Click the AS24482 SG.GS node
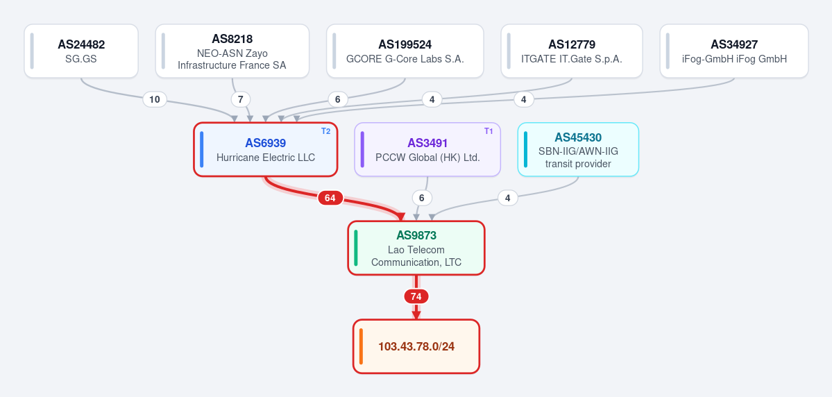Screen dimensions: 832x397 (81, 51)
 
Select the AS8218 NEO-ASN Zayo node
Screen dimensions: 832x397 (232, 51)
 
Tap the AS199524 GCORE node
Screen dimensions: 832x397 (405, 51)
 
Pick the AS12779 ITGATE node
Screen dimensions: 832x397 (572, 51)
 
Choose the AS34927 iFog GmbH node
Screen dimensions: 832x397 (734, 51)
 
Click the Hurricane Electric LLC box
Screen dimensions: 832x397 (265, 149)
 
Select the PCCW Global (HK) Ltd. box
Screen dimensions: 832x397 (427, 149)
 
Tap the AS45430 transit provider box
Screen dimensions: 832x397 (578, 149)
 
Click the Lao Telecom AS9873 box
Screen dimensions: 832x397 (416, 248)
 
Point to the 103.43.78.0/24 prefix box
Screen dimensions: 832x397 (416, 346)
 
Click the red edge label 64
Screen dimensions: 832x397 (330, 198)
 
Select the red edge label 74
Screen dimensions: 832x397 (416, 296)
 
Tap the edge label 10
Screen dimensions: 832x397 (155, 99)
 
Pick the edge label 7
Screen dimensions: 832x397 (240, 99)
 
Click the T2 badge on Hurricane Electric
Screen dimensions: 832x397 (326, 131)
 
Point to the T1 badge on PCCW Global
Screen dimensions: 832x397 (489, 131)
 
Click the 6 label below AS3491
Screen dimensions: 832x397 (422, 198)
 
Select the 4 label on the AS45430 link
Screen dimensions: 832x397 (508, 198)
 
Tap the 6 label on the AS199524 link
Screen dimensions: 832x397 (337, 99)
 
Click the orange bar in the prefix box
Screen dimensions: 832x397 (361, 346)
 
